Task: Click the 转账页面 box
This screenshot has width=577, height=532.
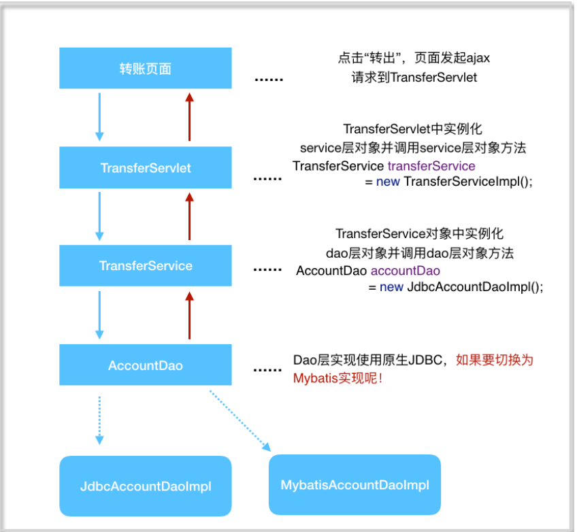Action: (x=145, y=69)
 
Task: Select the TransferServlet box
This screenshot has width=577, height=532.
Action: (x=145, y=167)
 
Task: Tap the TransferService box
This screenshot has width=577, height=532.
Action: (x=145, y=265)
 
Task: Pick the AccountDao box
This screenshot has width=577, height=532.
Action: (x=145, y=365)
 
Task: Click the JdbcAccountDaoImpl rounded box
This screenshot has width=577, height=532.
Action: (x=145, y=486)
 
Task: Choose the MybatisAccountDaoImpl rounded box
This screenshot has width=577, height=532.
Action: (x=355, y=485)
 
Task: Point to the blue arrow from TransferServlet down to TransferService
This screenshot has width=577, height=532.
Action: (x=99, y=216)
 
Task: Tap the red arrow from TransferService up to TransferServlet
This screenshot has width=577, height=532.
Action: (x=190, y=216)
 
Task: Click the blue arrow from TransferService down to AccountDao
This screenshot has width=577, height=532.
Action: (x=99, y=315)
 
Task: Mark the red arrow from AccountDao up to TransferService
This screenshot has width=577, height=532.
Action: (x=190, y=315)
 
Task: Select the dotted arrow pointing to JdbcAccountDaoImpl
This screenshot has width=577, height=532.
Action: (x=99, y=419)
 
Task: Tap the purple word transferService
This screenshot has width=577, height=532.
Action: (x=431, y=166)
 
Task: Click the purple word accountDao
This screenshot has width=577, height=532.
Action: (x=405, y=271)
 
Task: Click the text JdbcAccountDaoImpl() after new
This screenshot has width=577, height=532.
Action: (x=475, y=287)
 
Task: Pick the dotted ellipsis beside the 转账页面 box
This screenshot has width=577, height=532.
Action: (x=268, y=80)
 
